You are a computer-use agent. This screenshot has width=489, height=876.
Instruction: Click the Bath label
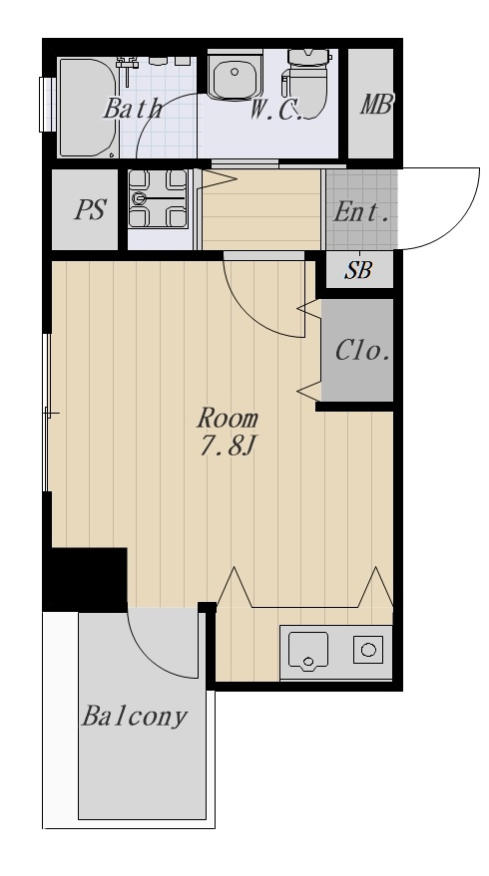coord(133,108)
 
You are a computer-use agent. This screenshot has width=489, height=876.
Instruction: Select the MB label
coord(376,104)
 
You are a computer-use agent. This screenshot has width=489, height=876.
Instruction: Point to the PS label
coord(90,209)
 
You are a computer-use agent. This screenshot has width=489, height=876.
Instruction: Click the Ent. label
coord(361,212)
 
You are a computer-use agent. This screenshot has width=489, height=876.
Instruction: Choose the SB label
coord(358,270)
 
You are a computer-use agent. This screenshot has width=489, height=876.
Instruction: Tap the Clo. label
coord(362,351)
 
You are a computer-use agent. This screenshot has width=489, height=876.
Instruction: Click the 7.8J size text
coord(228,446)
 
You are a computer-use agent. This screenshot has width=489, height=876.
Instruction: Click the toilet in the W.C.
coord(306,83)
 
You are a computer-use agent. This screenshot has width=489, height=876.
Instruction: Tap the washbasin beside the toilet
coord(235,76)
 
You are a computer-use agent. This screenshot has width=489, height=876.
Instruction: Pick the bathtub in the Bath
coord(87,108)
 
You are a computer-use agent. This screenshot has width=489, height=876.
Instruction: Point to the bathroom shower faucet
coord(128,67)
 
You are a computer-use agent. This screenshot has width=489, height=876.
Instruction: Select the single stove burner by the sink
coord(368,650)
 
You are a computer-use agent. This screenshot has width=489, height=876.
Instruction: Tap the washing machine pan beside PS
coord(158,198)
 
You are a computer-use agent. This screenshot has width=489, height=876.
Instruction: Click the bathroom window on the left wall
coord(47,105)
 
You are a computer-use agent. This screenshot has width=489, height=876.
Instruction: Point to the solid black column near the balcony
coord(86,579)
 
